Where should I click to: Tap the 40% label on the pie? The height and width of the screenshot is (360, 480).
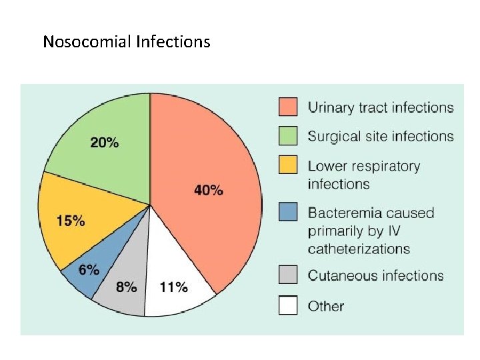pos(208,191)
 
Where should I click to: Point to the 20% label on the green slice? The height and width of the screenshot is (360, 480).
pos(105,143)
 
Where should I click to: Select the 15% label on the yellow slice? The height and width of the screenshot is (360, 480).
pos(70,221)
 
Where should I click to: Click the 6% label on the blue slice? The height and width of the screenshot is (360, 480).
pos(89,270)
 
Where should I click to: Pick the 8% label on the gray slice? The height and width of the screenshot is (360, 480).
pos(126,288)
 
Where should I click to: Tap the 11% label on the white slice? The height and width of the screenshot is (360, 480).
pos(173,288)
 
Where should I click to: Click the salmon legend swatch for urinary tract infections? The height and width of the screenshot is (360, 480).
pos(287,107)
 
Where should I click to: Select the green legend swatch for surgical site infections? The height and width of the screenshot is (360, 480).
pos(287,136)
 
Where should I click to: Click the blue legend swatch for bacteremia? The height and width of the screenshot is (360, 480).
pos(287,213)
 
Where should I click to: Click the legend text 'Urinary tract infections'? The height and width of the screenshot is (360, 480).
pos(380,107)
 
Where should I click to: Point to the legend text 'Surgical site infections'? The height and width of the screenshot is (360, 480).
pos(380,137)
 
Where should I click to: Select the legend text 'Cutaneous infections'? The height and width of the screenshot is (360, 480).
pos(375,276)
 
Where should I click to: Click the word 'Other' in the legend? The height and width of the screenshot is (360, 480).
pos(325,307)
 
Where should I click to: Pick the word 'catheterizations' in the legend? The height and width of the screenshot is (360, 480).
pos(359,249)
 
